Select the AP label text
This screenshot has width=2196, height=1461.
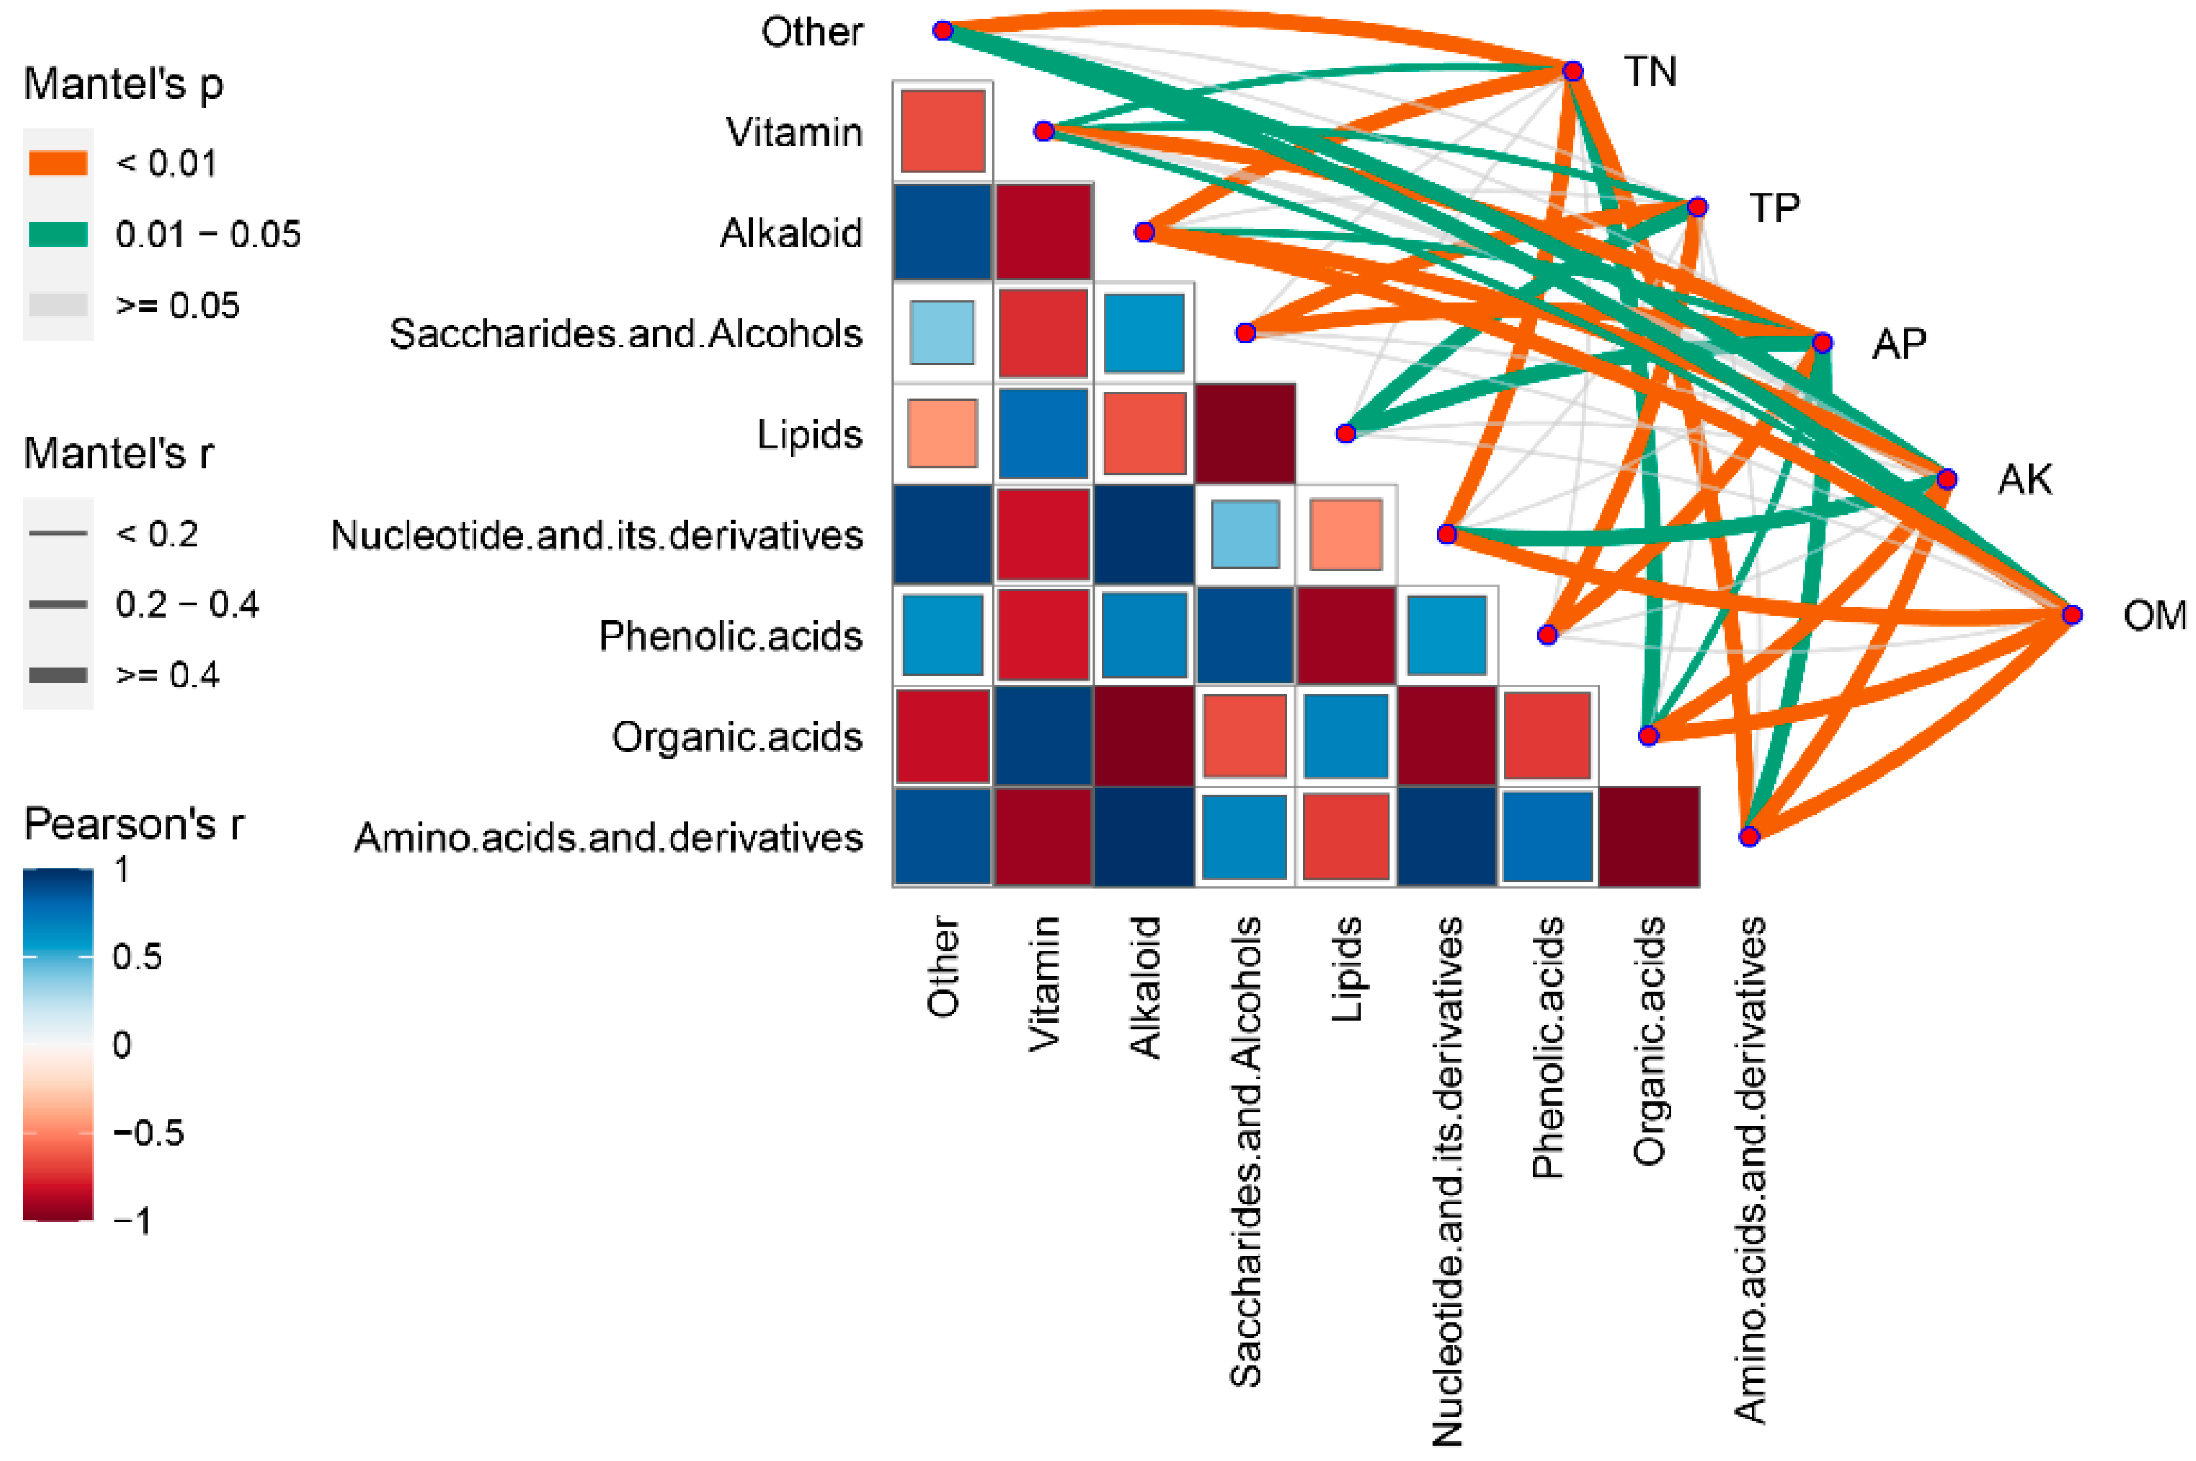click(1899, 344)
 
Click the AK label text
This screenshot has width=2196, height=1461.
click(2024, 479)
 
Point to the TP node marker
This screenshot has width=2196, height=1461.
click(1697, 207)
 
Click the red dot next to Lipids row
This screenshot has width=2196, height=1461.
click(1345, 434)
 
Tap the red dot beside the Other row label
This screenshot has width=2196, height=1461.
click(942, 30)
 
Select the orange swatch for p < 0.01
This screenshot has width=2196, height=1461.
click(58, 163)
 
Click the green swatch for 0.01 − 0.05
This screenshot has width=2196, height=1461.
click(58, 234)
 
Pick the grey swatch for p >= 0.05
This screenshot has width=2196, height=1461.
click(58, 305)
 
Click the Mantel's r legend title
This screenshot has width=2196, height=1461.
click(118, 454)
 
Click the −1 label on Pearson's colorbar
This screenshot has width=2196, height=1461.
click(133, 1220)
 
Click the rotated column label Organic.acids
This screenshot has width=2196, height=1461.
click(1648, 1041)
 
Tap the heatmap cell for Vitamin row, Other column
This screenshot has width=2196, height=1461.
click(942, 131)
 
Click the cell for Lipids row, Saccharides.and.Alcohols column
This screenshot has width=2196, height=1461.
click(1244, 434)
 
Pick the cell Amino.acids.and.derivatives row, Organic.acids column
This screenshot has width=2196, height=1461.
click(1648, 837)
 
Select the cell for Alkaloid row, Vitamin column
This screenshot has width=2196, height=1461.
click(1043, 232)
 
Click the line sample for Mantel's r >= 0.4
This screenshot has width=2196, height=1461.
click(58, 675)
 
